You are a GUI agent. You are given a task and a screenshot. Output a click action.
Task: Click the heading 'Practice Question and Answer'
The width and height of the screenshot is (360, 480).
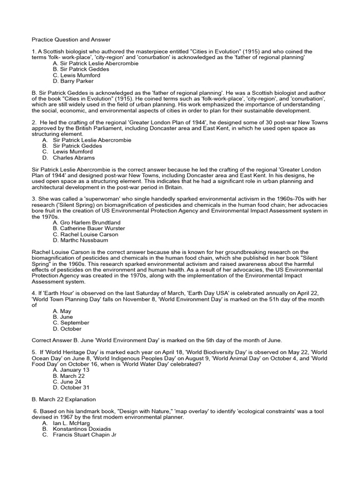click(71, 39)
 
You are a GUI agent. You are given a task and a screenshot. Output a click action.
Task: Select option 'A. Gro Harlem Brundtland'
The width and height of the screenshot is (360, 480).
click(87, 222)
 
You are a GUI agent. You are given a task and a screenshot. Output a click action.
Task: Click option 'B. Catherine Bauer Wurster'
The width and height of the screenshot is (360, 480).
click(89, 228)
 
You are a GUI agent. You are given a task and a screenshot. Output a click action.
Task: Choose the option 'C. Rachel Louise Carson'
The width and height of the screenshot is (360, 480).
click(86, 234)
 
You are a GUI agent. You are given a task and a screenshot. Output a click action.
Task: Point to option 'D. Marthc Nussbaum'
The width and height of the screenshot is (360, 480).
click(81, 240)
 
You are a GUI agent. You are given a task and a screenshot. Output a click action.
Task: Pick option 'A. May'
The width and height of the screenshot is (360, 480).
click(62, 311)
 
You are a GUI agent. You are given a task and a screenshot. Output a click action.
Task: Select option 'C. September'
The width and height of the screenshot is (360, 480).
click(71, 323)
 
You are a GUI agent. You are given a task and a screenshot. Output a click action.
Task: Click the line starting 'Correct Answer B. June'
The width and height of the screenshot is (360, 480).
click(164, 340)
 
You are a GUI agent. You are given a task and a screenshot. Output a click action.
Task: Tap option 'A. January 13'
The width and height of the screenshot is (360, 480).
click(71, 370)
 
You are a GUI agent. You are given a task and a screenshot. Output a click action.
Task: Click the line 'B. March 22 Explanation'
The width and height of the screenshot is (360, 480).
click(63, 399)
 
